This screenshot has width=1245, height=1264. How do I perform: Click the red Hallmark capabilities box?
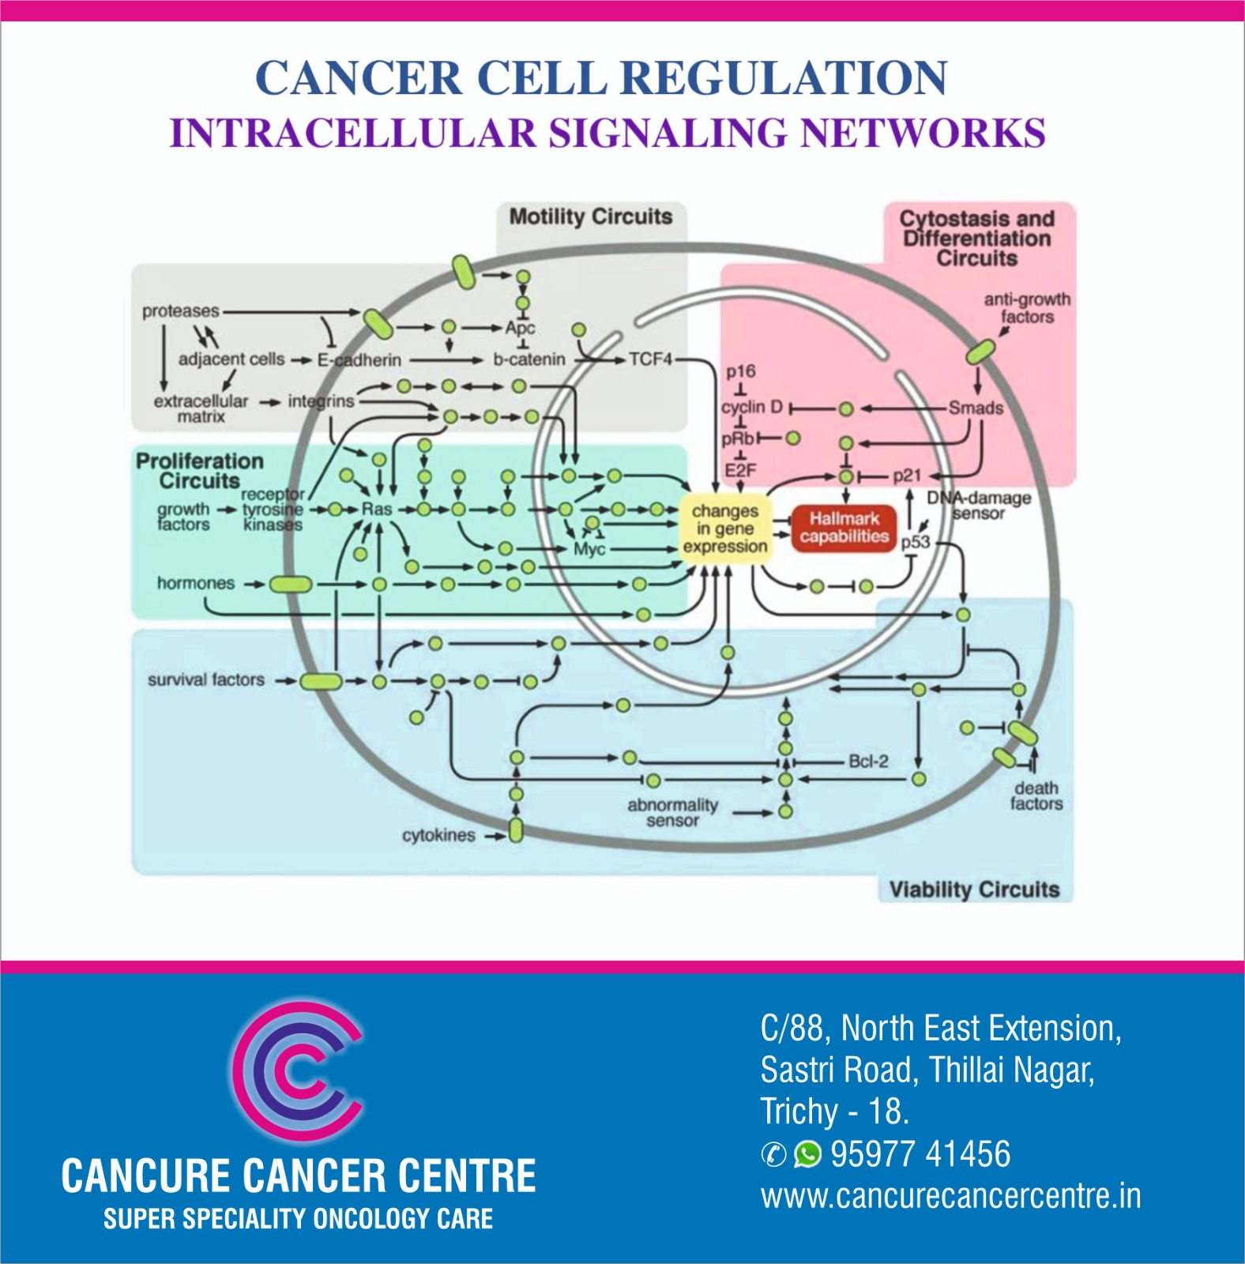click(x=844, y=528)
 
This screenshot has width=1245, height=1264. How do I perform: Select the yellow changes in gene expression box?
click(x=725, y=529)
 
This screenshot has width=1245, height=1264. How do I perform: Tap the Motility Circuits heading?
click(x=590, y=217)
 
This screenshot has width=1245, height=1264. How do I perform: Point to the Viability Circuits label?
click(x=974, y=890)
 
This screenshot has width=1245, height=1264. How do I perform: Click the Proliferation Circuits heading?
click(x=199, y=471)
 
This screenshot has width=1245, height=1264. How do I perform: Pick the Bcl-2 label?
click(x=867, y=762)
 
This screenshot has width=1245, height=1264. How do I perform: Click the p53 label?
click(x=916, y=542)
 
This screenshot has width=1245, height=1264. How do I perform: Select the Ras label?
click(x=376, y=510)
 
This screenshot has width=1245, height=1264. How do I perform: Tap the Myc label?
click(x=589, y=549)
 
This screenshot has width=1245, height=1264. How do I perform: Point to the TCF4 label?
click(x=650, y=359)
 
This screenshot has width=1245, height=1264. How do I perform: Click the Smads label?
click(x=976, y=408)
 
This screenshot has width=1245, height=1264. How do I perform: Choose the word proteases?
click(x=180, y=311)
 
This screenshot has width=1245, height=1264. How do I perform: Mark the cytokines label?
click(x=438, y=835)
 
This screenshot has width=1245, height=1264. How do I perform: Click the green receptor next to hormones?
click(x=291, y=585)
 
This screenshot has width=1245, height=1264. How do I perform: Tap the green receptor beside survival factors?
click(x=320, y=680)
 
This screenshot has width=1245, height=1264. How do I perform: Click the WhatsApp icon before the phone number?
click(x=807, y=1154)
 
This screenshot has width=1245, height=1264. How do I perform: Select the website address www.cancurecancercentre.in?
click(x=950, y=1196)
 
